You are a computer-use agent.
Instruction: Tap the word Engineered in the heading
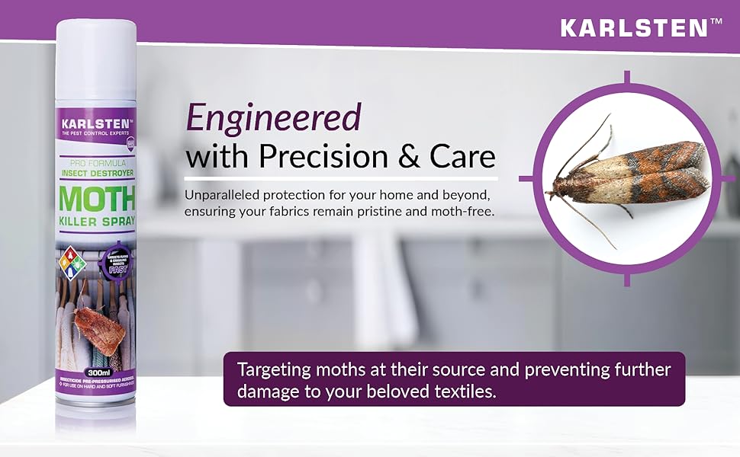click(x=273, y=119)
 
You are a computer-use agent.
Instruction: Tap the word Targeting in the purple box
click(x=272, y=370)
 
